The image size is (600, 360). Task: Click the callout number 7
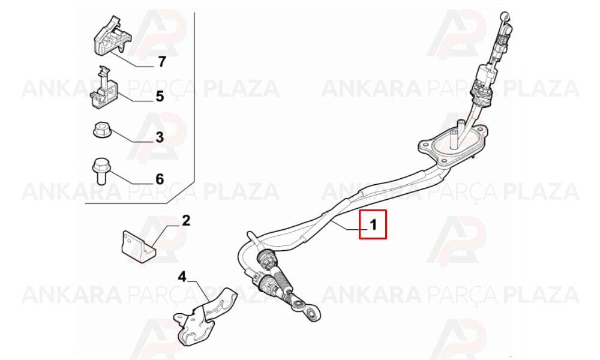pos(162,62)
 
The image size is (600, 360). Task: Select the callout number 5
pos(160,97)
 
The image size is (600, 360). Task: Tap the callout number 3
pos(160,137)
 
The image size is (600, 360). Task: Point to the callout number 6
pos(160,179)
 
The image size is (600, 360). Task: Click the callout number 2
pos(186,220)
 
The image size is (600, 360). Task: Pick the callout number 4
pos(182,276)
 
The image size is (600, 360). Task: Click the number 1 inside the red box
pos(373,224)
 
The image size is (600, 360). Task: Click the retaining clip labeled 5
pos(103,90)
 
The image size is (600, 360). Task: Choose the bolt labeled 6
pos(101,172)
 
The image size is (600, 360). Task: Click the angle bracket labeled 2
pos(139,247)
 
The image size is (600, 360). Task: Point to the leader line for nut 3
pos(132,137)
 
